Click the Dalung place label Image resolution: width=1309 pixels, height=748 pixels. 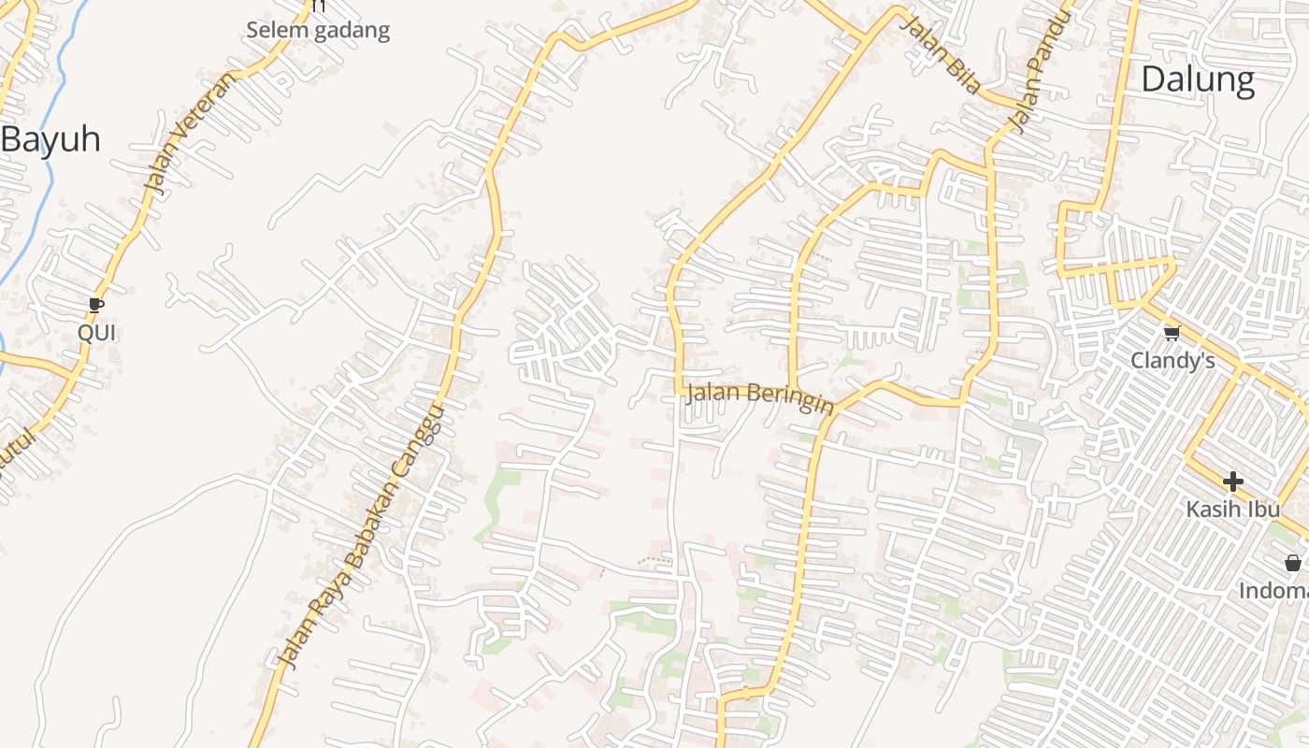[1198, 79]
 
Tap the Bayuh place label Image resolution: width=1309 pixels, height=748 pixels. [50, 139]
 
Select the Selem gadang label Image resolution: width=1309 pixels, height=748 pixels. [318, 30]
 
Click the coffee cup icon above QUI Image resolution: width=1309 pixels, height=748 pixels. [95, 305]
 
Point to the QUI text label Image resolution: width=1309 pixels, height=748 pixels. [96, 333]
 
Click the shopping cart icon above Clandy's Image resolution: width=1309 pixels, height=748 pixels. [1172, 332]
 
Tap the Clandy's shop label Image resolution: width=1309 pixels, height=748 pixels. [1172, 360]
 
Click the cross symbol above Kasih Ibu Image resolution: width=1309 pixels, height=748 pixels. [1232, 482]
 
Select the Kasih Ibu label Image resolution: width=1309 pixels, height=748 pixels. [1233, 510]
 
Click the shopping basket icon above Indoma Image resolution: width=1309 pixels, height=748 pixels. [1292, 563]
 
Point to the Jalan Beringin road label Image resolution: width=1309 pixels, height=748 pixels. [759, 396]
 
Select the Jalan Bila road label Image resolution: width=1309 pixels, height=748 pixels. [940, 54]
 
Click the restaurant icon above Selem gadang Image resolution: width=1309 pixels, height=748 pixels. [319, 6]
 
